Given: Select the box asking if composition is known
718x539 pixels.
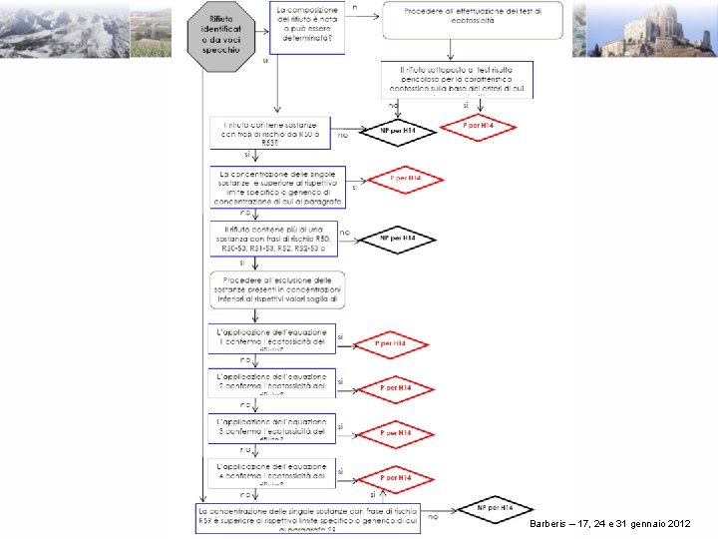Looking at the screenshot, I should pyautogui.click(x=306, y=28).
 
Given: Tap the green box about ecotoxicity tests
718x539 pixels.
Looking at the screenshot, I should pyautogui.click(x=473, y=20).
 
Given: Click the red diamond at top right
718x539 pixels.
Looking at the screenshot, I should pyautogui.click(x=480, y=128).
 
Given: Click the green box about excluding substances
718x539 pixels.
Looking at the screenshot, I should pyautogui.click(x=277, y=288).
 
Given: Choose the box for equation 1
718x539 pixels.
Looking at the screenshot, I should pyautogui.click(x=272, y=338).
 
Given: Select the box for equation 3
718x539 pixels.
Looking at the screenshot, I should pyautogui.click(x=272, y=427).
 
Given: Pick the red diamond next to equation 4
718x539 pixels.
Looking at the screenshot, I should pyautogui.click(x=397, y=478).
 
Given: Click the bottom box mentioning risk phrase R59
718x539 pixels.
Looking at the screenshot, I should pyautogui.click(x=307, y=518).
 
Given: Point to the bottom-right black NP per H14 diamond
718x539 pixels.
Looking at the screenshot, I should pyautogui.click(x=495, y=508).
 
